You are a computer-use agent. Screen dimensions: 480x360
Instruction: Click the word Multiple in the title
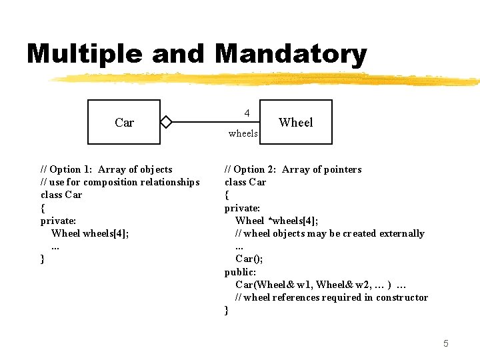click(x=85, y=54)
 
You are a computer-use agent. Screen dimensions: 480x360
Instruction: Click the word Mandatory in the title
click(x=291, y=54)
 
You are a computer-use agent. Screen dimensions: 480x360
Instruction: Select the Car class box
click(x=124, y=122)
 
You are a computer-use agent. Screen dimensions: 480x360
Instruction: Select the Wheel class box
click(x=295, y=122)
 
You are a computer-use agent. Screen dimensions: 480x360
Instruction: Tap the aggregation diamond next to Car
click(x=166, y=122)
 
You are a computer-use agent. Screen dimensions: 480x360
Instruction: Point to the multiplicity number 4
click(x=247, y=113)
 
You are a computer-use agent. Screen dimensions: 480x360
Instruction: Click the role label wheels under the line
click(x=243, y=133)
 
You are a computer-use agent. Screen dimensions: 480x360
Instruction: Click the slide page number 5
click(x=446, y=343)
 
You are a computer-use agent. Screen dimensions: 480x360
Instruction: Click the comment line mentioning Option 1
click(x=107, y=169)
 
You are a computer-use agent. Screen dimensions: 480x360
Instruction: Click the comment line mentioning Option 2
click(x=293, y=169)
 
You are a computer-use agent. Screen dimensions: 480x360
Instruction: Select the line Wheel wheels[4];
click(x=90, y=233)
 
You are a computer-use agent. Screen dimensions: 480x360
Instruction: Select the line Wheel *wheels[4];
click(x=277, y=221)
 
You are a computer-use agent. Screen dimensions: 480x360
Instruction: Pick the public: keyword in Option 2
click(x=240, y=272)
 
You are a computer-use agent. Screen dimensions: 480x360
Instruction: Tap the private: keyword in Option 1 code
click(x=57, y=221)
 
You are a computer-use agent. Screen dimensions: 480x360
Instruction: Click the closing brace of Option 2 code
click(x=227, y=310)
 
